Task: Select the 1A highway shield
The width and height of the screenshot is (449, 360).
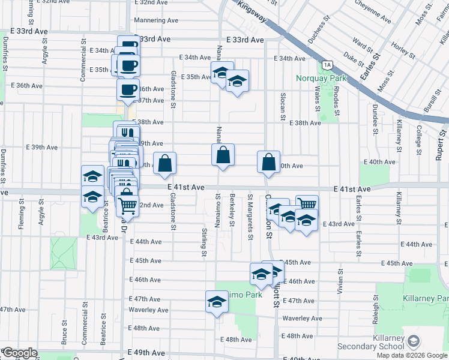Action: tap(327, 65)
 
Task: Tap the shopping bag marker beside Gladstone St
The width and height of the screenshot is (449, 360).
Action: tap(165, 163)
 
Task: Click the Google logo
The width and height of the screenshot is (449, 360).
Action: tap(19, 353)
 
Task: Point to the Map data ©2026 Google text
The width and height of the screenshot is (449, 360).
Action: tap(412, 355)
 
